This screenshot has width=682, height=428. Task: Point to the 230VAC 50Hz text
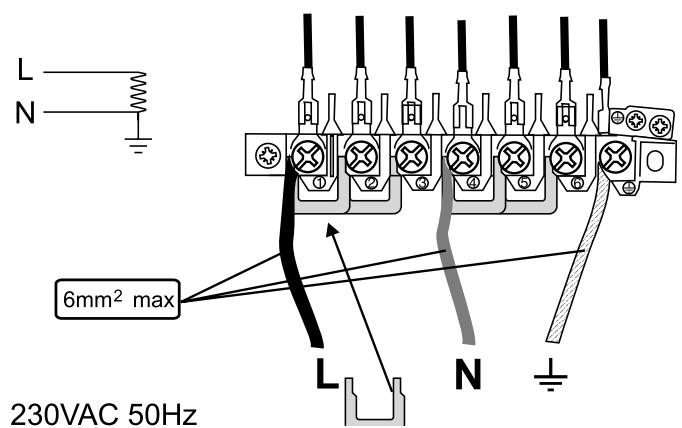[x=102, y=410]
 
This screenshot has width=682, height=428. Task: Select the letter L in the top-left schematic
[x=23, y=72]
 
